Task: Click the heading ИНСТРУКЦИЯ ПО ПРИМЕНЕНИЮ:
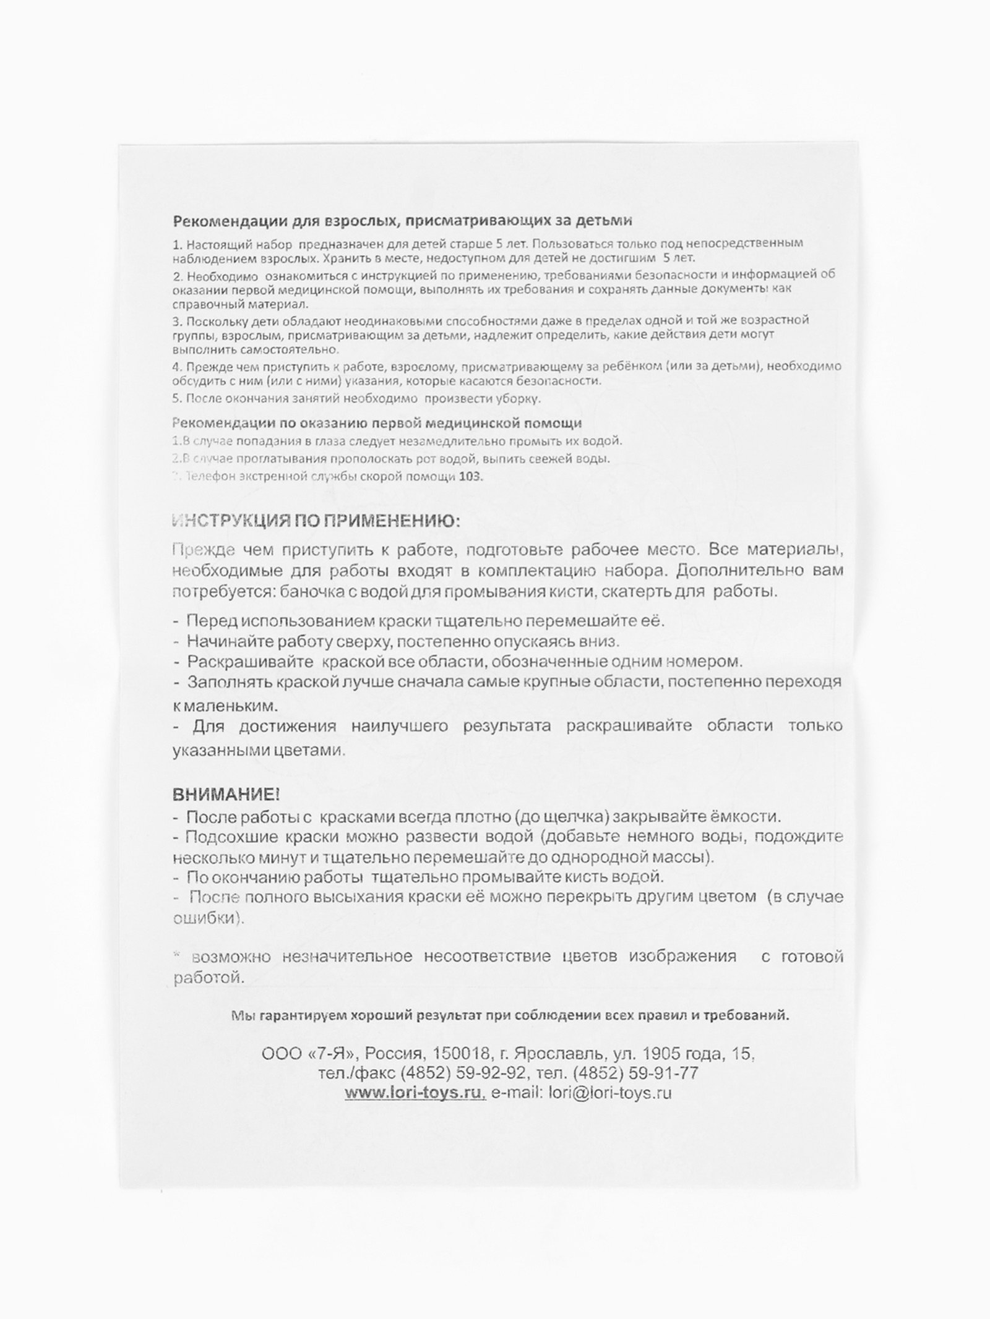pyautogui.click(x=316, y=521)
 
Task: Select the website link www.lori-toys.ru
pyautogui.click(x=415, y=1093)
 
